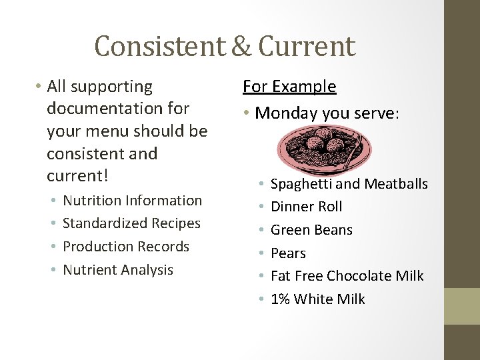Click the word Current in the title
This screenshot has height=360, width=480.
pyautogui.click(x=307, y=45)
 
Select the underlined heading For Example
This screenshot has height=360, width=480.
pyautogui.click(x=289, y=87)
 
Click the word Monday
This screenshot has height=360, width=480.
pyautogui.click(x=283, y=113)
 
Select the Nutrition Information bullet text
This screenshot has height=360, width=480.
pyautogui.click(x=132, y=200)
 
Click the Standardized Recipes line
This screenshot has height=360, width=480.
pyautogui.click(x=131, y=223)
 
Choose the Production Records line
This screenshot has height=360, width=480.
pyautogui.click(x=126, y=246)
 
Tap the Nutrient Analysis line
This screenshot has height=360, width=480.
pyautogui.click(x=118, y=269)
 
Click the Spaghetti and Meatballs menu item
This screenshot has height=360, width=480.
pyautogui.click(x=349, y=183)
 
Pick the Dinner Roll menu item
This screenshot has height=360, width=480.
pyautogui.click(x=306, y=207)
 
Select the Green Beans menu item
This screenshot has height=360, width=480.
pyautogui.click(x=311, y=230)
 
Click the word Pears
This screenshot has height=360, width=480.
pyautogui.click(x=288, y=253)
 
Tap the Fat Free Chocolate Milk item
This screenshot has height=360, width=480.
pyautogui.click(x=347, y=276)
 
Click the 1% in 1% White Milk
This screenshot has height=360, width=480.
pyautogui.click(x=280, y=299)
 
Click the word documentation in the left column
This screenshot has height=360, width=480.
pyautogui.click(x=118, y=108)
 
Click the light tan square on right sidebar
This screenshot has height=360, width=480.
pyautogui.click(x=461, y=306)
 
